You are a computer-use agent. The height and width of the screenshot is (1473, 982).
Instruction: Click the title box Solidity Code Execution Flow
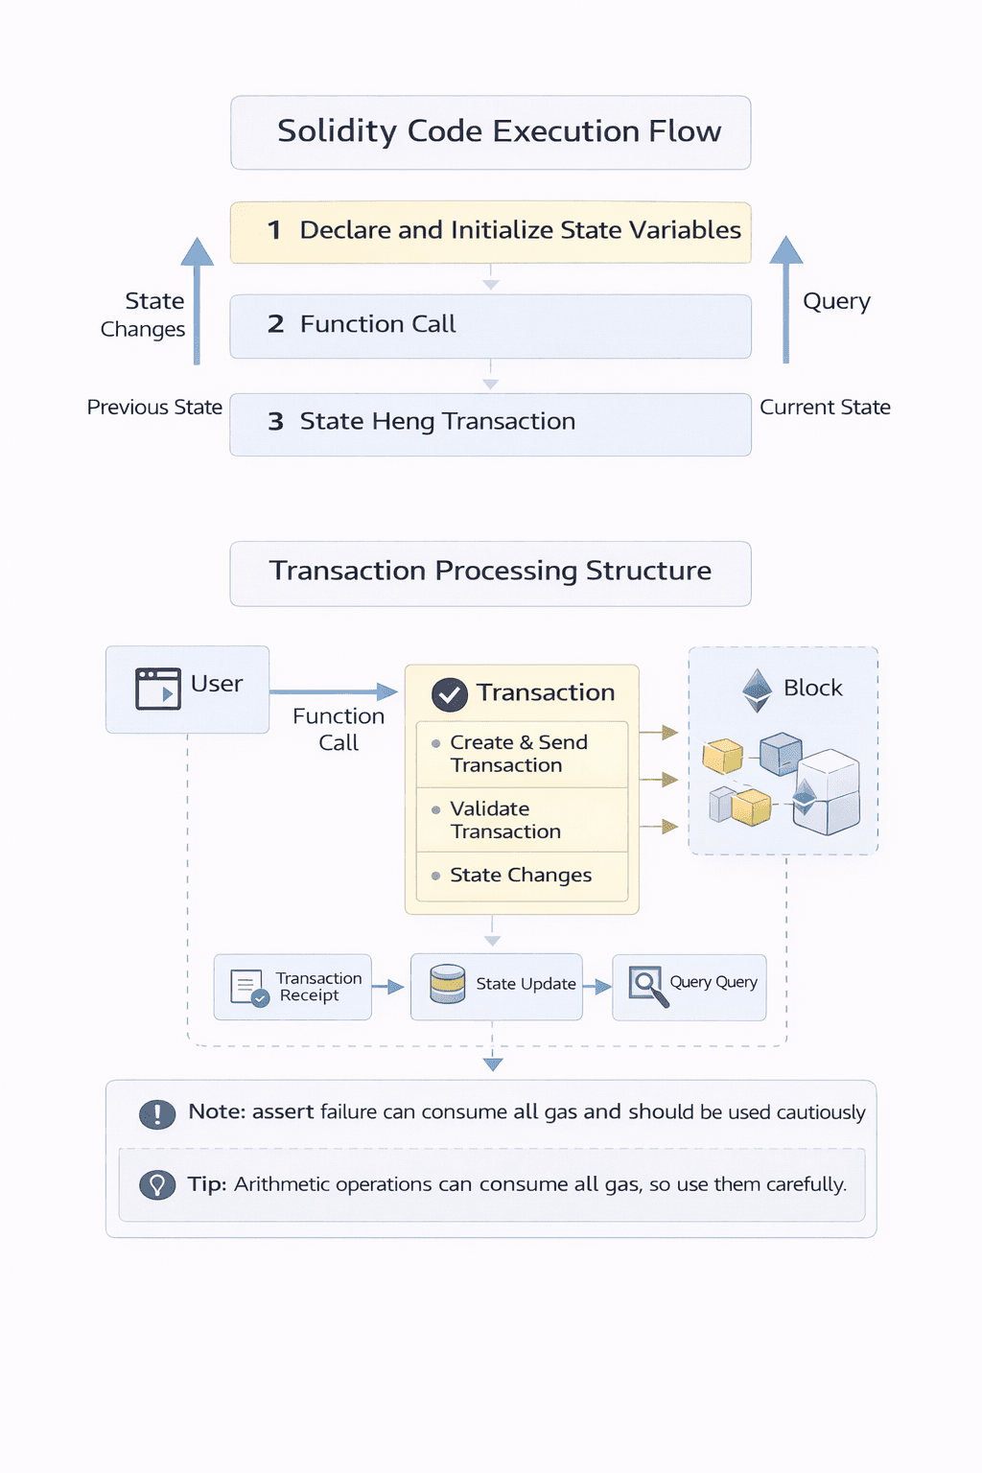click(490, 132)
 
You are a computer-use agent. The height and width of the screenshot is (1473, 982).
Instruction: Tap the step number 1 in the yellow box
click(274, 230)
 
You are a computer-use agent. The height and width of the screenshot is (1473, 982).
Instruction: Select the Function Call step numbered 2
click(490, 325)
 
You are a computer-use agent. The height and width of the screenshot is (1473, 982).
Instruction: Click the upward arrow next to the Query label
click(785, 299)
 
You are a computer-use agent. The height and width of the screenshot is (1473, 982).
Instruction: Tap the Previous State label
click(154, 408)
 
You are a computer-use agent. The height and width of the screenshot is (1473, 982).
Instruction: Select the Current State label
click(825, 408)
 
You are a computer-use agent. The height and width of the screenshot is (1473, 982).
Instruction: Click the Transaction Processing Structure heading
click(490, 572)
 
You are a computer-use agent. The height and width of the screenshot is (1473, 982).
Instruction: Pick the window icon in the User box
click(158, 689)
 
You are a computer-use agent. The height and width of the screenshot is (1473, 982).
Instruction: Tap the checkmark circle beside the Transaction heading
click(449, 694)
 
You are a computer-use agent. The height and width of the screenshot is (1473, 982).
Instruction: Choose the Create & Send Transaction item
click(519, 754)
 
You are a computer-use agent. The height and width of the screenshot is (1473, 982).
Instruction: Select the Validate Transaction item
click(505, 820)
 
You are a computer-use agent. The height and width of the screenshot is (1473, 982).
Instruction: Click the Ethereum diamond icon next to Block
click(758, 690)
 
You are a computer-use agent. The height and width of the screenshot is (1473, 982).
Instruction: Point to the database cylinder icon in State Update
click(447, 984)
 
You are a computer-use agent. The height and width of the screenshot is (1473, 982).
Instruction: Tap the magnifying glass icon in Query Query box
click(647, 985)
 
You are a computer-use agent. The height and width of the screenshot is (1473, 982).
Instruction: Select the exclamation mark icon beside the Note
click(157, 1113)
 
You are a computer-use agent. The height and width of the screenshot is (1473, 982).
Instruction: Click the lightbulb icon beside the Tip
click(157, 1185)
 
